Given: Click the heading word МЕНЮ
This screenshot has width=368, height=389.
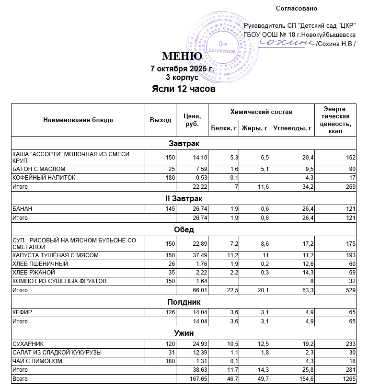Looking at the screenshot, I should [x=182, y=57].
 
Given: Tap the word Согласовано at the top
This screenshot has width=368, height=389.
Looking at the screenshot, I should [x=297, y=8].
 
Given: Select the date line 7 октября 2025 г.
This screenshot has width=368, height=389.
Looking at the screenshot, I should [x=182, y=69].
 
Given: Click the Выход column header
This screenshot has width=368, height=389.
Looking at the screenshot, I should [x=161, y=120].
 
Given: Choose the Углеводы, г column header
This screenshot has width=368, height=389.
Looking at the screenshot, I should [x=292, y=128].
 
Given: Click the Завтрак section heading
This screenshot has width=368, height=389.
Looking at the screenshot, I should [x=184, y=143].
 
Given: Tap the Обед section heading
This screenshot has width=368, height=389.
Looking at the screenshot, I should [x=184, y=229].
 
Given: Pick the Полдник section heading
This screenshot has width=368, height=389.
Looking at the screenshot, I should [x=184, y=302].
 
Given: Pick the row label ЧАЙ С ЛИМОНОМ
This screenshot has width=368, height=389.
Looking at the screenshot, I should [x=37, y=361].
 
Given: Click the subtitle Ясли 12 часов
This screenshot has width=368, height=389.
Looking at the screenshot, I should [x=184, y=89].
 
